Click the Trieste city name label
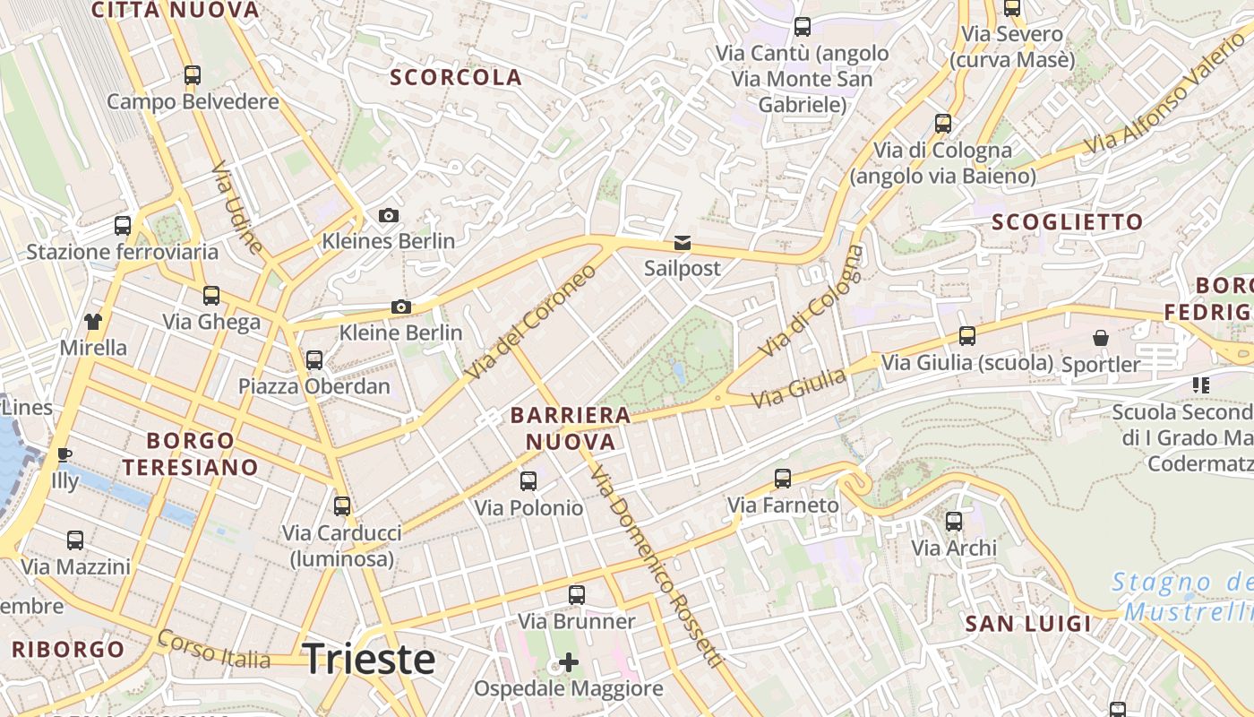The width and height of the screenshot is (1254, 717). coord(369,659)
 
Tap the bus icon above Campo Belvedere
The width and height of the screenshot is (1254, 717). coord(193,75)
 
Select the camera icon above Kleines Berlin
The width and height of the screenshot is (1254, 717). coord(388,215)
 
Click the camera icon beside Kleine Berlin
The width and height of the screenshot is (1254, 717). coord(401,307)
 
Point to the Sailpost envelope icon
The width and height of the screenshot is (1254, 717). coord(683,243)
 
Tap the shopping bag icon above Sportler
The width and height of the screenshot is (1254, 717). coord(1100,338)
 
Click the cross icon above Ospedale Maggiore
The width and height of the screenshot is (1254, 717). coord(569,662)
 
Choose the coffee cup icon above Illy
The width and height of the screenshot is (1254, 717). coord(64,454)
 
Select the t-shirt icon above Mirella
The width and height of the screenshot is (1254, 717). coord(93,321)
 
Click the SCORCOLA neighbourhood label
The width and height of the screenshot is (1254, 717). coord(456,78)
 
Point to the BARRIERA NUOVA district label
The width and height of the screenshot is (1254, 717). coord(571,428)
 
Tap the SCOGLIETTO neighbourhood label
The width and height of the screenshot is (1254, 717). coord(1068,222)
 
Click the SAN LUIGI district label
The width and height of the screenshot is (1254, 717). coord(1028,624)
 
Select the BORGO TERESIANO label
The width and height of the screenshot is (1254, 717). coord(190,454)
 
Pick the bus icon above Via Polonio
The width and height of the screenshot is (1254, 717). coord(528,481)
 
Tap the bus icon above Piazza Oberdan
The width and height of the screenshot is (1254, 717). coord(314,360)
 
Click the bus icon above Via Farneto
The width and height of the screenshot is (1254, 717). coord(783,479)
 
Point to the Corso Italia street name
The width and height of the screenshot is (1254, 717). coord(213,649)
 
